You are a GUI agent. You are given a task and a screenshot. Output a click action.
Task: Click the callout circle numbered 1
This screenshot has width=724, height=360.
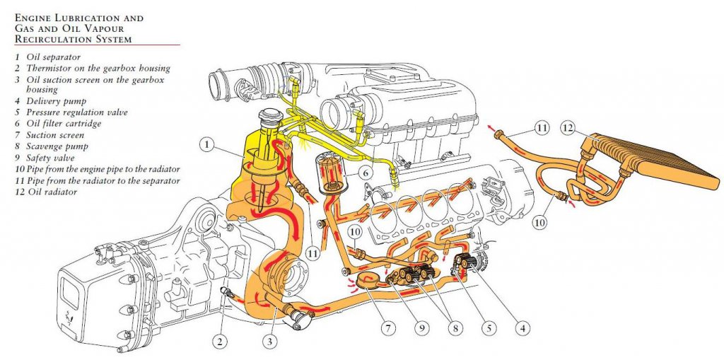208,145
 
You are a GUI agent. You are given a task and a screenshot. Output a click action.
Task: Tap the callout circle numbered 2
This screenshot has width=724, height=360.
220,342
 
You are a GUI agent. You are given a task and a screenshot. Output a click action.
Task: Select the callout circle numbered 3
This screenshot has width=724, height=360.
270,342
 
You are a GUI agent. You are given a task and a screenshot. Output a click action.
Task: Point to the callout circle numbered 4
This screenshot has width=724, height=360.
522,328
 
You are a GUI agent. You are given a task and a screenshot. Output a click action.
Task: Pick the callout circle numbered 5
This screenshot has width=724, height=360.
489,328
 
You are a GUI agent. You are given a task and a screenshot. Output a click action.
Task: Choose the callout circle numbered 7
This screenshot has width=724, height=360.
388,328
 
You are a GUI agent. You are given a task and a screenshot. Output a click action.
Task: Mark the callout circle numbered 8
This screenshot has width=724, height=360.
455,328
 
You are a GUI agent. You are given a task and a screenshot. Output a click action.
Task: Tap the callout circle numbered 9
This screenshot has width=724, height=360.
421,328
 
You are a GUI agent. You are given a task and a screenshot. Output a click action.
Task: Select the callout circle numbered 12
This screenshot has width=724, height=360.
568,128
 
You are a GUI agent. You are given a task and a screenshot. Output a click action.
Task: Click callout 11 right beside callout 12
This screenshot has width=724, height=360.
542,128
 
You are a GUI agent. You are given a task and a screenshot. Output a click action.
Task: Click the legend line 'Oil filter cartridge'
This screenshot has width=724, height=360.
58,123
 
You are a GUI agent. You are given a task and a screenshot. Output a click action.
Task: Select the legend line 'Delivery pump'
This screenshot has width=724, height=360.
51,100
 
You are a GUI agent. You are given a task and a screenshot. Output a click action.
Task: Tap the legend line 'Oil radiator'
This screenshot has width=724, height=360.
46,192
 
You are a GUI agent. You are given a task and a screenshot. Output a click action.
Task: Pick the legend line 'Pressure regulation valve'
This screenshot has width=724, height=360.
71,112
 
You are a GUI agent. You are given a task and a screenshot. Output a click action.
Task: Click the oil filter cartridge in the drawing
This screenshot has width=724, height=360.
331,174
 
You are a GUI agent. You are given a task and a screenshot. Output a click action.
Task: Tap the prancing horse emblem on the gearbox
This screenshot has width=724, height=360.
70,318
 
